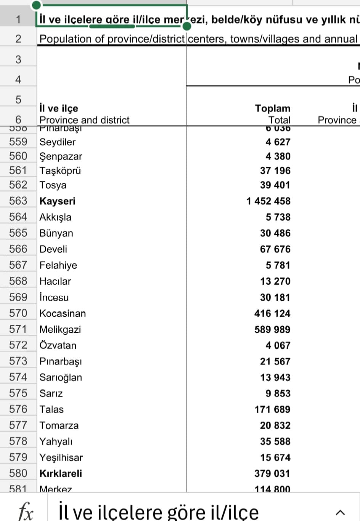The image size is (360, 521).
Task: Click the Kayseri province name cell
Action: click(58, 201)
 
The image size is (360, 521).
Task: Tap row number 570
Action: click(18, 313)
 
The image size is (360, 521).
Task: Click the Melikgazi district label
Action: click(60, 329)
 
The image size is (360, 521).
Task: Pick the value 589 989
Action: click(272, 329)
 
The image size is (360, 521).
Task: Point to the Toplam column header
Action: click(273, 108)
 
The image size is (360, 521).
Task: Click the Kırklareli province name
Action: click(61, 474)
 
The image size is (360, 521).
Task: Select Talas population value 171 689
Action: click(272, 410)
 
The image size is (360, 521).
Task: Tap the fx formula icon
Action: click(26, 511)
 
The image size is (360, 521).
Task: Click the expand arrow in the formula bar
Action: click(340, 512)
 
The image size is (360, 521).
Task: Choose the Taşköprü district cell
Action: click(60, 171)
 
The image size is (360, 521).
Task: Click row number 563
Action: click(18, 201)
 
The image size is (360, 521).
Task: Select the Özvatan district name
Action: click(58, 345)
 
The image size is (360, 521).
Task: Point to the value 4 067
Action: click(278, 345)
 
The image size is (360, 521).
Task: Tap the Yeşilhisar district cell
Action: click(61, 458)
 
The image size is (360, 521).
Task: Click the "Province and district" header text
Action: click(84, 120)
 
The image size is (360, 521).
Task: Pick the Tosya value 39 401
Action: click(275, 185)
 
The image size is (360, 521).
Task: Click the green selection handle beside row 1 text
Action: click(187, 26)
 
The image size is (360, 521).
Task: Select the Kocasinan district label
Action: click(63, 313)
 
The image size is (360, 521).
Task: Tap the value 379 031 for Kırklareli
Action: click(272, 474)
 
